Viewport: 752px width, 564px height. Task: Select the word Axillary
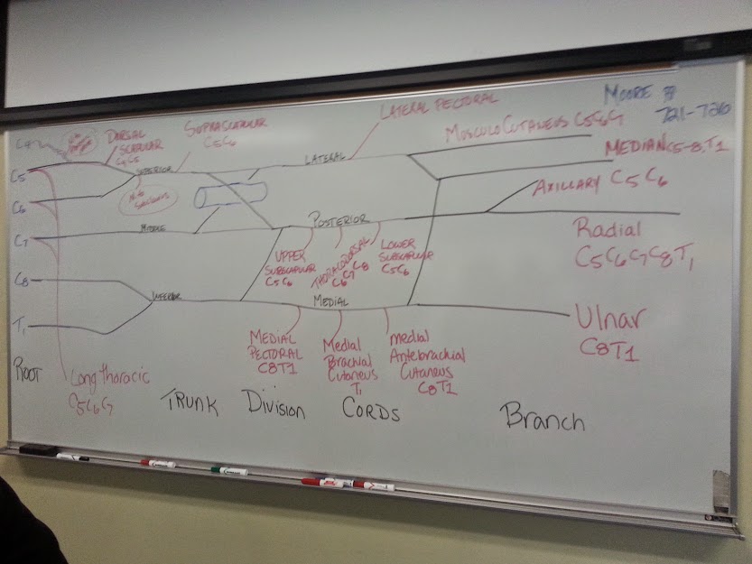click(x=566, y=186)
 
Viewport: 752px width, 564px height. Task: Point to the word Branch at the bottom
click(x=543, y=418)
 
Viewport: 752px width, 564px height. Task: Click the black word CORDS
click(x=371, y=408)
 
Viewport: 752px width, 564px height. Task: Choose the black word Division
click(x=274, y=407)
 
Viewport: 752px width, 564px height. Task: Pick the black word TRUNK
click(x=190, y=403)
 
